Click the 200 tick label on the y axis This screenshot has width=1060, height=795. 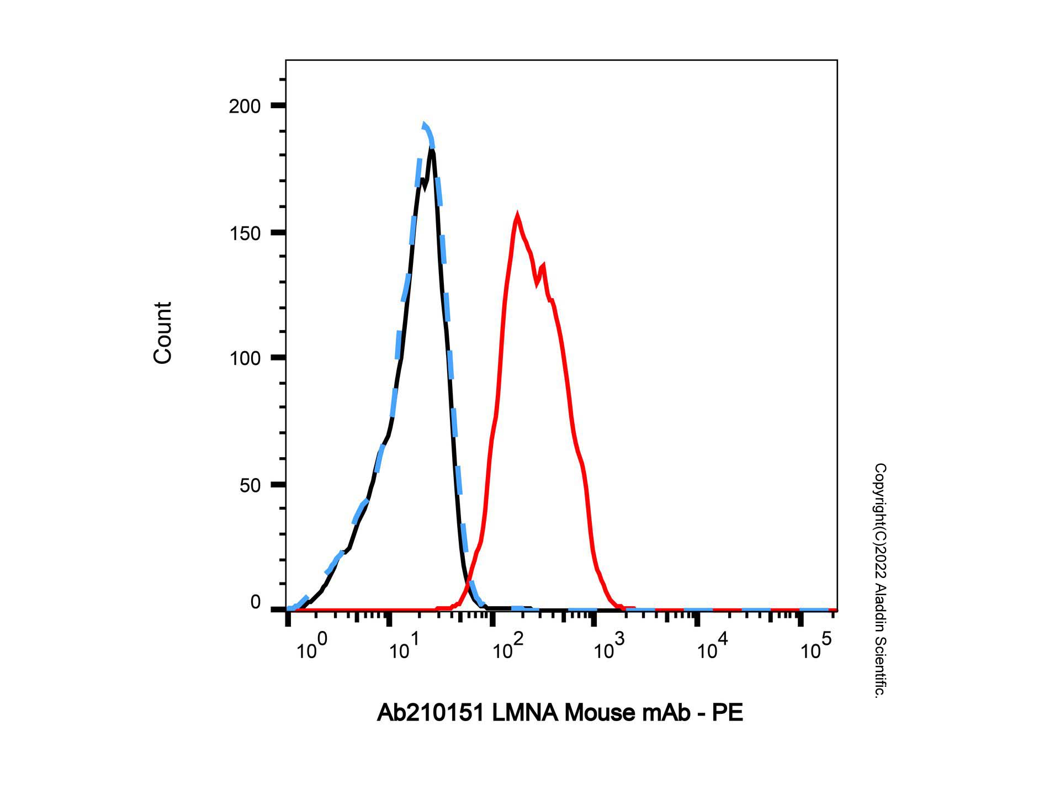245,106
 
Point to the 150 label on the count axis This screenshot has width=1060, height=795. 245,233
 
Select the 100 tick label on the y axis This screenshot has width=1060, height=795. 245,358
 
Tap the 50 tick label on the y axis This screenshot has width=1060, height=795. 250,485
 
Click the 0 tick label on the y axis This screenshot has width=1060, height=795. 255,602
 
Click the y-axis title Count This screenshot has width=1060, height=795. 162,333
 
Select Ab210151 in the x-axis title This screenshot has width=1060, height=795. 431,713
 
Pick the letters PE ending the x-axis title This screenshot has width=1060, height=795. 727,713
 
